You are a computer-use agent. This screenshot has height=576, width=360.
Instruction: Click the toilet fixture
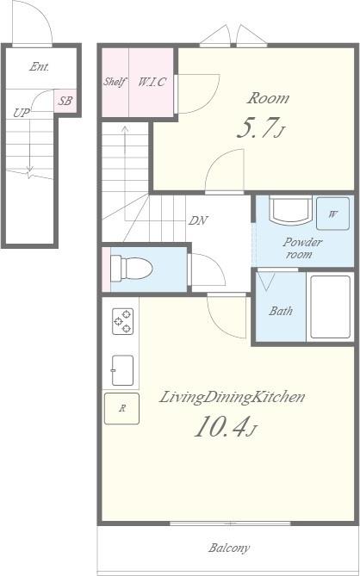[x=132, y=268]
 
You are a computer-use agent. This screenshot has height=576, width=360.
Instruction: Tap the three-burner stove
[x=123, y=321]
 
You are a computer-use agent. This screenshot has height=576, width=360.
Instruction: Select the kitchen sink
[x=122, y=370]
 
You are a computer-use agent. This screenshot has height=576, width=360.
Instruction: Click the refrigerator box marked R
[x=121, y=408]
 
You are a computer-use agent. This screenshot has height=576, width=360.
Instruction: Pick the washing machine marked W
[x=332, y=214]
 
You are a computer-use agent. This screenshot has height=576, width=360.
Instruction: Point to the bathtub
[x=330, y=307]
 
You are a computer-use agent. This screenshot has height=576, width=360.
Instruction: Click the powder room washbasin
[x=290, y=210]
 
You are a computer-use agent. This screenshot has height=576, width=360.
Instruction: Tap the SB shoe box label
[x=65, y=101]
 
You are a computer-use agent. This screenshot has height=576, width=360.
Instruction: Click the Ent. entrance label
[x=40, y=67]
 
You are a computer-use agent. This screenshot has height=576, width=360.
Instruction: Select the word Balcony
[x=230, y=548]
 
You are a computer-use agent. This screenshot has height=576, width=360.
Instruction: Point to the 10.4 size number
[x=225, y=427]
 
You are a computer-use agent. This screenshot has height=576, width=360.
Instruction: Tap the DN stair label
[x=198, y=220]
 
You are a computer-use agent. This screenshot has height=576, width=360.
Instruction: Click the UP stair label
[x=22, y=113]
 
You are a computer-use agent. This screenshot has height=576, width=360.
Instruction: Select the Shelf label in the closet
[x=115, y=82]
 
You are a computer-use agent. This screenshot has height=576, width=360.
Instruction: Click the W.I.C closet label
[x=152, y=82]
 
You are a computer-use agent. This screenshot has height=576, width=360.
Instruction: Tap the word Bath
[x=281, y=311]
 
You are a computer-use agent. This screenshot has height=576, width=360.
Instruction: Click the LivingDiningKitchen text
[x=232, y=398]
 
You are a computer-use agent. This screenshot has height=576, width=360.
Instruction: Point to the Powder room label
[x=302, y=248]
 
